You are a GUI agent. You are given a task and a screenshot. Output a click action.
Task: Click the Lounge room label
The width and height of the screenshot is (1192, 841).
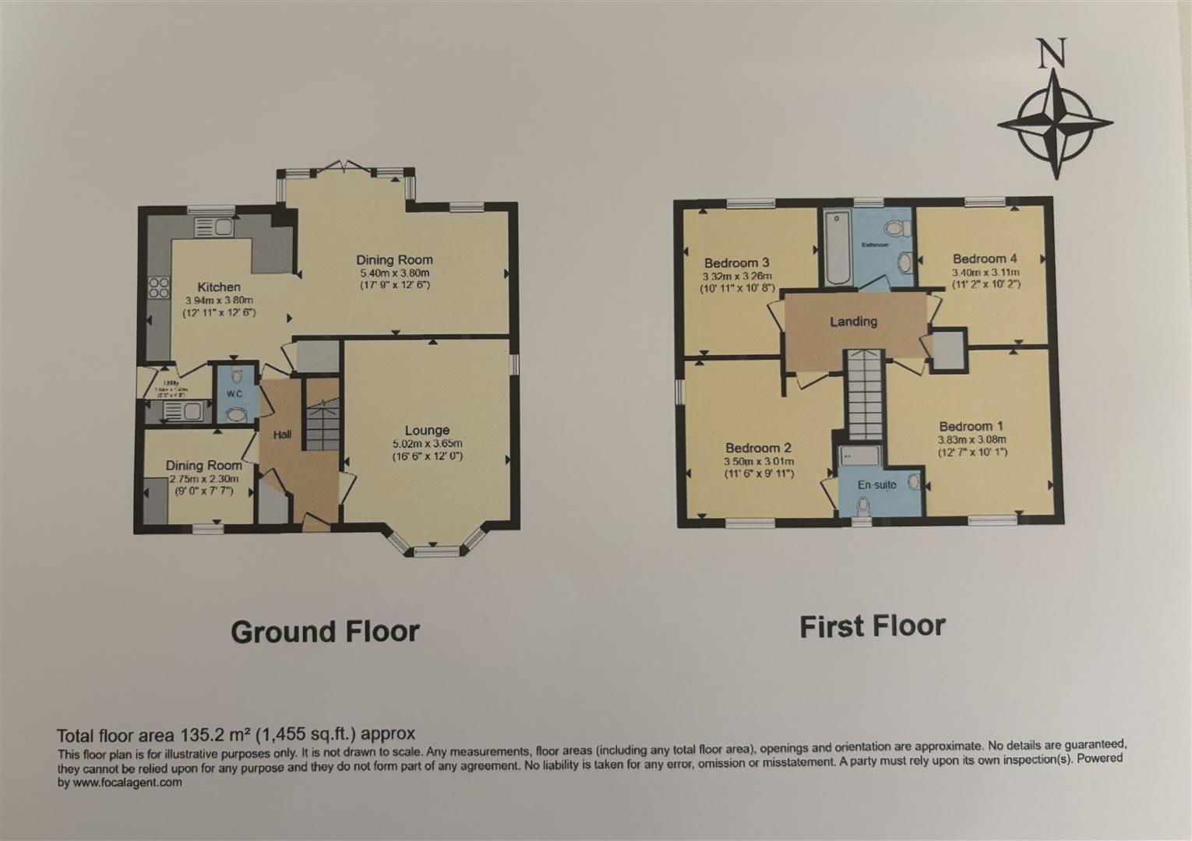coord(427,430)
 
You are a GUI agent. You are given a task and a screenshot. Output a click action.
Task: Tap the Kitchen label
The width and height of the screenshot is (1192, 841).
coord(219,287)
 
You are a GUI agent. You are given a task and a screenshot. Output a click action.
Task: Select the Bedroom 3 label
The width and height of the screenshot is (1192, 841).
coord(737,262)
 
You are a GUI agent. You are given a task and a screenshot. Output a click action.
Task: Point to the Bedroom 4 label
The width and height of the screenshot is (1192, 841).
coord(985,259)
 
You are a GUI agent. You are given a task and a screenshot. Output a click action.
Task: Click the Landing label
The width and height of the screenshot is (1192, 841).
coord(853,321)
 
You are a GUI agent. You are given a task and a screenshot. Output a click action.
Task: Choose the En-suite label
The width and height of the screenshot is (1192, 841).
coord(876,484)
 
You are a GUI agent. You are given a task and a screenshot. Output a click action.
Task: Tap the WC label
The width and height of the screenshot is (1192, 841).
coord(235,394)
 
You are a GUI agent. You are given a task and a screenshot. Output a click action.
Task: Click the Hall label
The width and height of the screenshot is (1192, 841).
coord(282,435)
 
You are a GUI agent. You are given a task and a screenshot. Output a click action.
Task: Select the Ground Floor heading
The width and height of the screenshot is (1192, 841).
coord(325,632)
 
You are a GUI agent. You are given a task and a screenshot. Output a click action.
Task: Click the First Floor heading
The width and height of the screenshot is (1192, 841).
coord(872,626)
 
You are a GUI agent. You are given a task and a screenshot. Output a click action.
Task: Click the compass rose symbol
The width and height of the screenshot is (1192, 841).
coord(1055,124)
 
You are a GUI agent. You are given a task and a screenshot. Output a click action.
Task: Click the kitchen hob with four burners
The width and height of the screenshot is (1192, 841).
coord(159,287)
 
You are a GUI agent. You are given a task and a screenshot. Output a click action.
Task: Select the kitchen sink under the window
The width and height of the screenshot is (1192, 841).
coord(214,227)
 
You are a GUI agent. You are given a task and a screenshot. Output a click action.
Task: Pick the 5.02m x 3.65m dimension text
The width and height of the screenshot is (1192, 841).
coord(428,444)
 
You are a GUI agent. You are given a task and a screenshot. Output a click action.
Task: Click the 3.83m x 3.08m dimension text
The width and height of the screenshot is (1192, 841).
coord(972,439)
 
